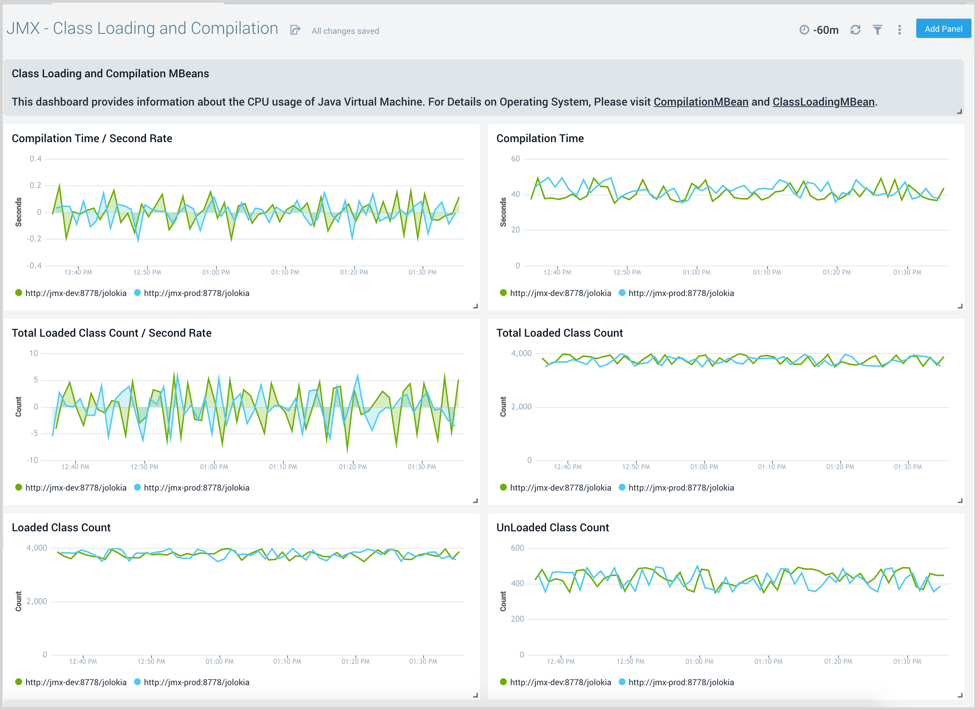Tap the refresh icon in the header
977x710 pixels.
point(855,30)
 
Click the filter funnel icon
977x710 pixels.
point(878,30)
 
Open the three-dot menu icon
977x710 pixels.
point(899,30)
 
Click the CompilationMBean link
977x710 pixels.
point(700,102)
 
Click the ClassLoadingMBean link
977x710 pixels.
point(823,102)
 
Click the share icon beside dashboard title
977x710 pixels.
point(295,30)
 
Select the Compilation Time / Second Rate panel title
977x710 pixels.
point(92,139)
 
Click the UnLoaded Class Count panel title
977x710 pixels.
point(552,528)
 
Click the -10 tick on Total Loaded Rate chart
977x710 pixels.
point(32,460)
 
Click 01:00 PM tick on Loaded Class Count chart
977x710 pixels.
point(219,661)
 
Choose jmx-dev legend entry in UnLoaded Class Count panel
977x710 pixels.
point(560,682)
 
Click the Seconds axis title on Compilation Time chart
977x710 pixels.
point(503,212)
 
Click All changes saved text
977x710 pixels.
point(345,31)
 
